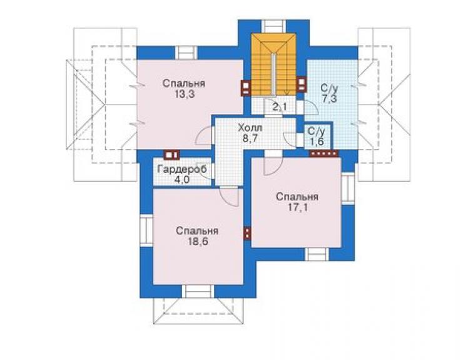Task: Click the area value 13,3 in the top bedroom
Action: pos(184,95)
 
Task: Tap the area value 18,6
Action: pos(198,241)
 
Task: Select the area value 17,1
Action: pos(298,207)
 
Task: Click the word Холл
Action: pos(250,128)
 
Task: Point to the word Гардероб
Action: pos(182,169)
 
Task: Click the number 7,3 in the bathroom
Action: pos(329,98)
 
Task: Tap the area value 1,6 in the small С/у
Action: pos(316,141)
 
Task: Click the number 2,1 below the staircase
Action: pos(279,106)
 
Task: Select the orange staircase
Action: pos(273,64)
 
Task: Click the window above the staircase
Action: pos(273,26)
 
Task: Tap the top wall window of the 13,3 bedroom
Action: pos(186,53)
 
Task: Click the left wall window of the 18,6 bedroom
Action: pos(146,230)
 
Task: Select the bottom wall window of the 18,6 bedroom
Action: pos(198,291)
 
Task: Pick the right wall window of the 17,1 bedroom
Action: pos(348,188)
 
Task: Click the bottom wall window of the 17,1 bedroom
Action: pos(317,254)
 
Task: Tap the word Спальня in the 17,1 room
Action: pos(297,197)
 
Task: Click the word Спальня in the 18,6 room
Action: pos(197,231)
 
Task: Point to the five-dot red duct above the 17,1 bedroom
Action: pos(323,153)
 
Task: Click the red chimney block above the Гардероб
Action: pos(172,155)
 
